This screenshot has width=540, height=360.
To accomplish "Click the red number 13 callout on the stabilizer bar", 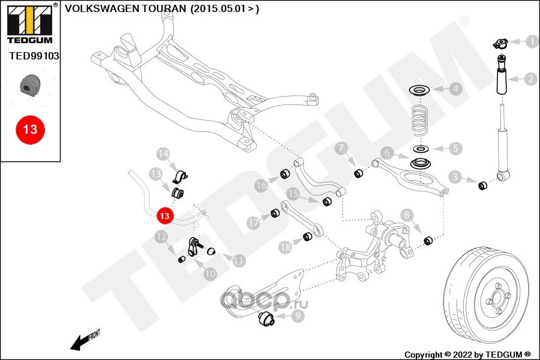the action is click(x=164, y=215).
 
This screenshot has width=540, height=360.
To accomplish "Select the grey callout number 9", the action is click(x=298, y=314).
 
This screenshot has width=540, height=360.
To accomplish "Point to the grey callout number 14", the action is click(x=163, y=153).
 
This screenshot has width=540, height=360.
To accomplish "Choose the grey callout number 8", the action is click(x=406, y=214).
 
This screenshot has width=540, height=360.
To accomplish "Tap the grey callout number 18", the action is click(x=284, y=245).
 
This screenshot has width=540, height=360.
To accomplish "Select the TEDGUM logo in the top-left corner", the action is click(x=29, y=24).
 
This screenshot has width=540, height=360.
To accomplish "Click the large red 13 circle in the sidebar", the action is click(x=30, y=129).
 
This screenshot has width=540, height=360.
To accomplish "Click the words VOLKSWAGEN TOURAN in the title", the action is click(x=124, y=9).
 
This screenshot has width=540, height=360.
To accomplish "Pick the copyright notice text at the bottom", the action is click(x=468, y=354).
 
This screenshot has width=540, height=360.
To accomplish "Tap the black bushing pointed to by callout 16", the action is click(x=286, y=175).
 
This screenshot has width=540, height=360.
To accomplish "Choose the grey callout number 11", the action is click(x=239, y=260).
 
